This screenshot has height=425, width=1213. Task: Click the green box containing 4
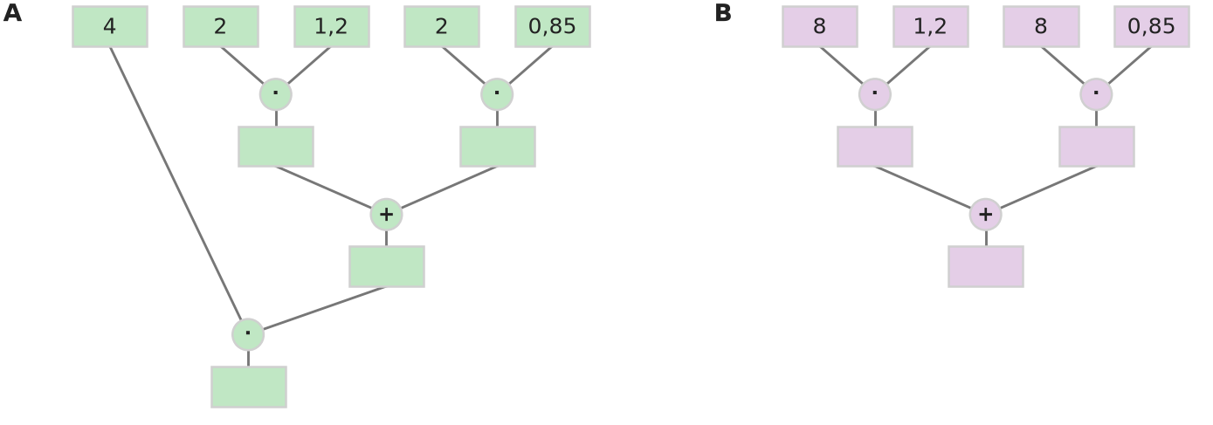pyautogui.click(x=110, y=26)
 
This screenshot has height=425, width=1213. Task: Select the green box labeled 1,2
pyautogui.click(x=331, y=26)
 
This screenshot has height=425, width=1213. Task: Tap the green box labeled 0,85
pyautogui.click(x=552, y=26)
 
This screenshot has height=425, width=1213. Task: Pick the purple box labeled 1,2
pyautogui.click(x=930, y=26)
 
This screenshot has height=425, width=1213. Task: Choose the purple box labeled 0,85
pyautogui.click(x=1152, y=26)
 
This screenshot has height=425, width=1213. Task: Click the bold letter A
pyautogui.click(x=12, y=13)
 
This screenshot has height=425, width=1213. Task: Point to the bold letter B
pyautogui.click(x=723, y=13)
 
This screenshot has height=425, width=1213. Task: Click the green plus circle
pyautogui.click(x=386, y=215)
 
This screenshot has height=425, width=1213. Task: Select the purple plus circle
pyautogui.click(x=986, y=215)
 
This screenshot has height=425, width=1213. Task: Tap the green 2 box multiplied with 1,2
pyautogui.click(x=220, y=26)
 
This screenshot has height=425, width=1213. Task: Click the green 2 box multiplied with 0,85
pyautogui.click(x=442, y=26)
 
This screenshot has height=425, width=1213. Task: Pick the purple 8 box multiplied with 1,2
pyautogui.click(x=820, y=26)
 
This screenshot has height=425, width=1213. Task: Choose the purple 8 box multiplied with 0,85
pyautogui.click(x=1041, y=26)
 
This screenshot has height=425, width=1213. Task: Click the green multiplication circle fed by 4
pyautogui.click(x=248, y=334)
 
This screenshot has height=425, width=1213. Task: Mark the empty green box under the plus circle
pyautogui.click(x=387, y=266)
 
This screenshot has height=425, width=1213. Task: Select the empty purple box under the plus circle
pyautogui.click(x=986, y=266)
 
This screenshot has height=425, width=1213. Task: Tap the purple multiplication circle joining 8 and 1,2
pyautogui.click(x=875, y=94)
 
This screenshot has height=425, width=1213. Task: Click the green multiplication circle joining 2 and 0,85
pyautogui.click(x=497, y=94)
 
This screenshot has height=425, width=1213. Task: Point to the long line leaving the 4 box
pyautogui.click(x=176, y=183)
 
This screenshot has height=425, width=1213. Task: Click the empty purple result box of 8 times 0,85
pyautogui.click(x=1097, y=147)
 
